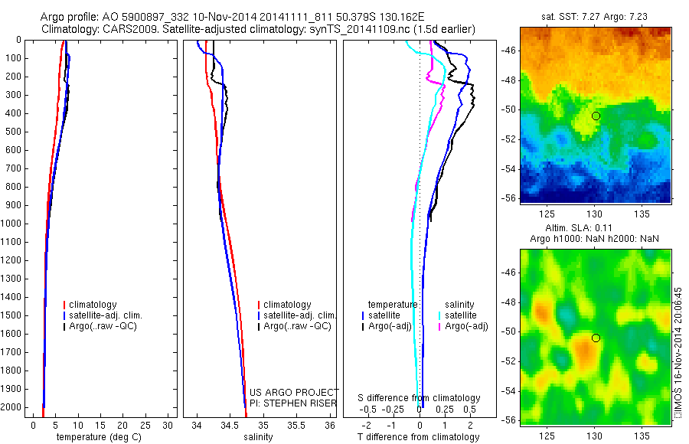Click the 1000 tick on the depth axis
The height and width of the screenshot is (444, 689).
[13, 224]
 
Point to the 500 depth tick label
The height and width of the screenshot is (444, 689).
[13, 132]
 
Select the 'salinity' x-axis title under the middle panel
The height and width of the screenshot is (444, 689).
[256, 437]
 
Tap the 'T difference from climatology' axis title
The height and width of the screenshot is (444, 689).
[418, 437]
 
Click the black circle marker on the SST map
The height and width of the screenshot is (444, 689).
[596, 116]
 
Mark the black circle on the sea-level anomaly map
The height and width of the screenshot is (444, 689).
[596, 338]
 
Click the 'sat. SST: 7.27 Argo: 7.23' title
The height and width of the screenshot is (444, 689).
[596, 15]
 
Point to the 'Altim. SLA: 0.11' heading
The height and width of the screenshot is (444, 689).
[596, 229]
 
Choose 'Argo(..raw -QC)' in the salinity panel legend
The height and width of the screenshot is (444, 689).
[297, 326]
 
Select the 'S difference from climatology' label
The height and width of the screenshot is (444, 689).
[420, 398]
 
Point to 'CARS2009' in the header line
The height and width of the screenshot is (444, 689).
[126, 29]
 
